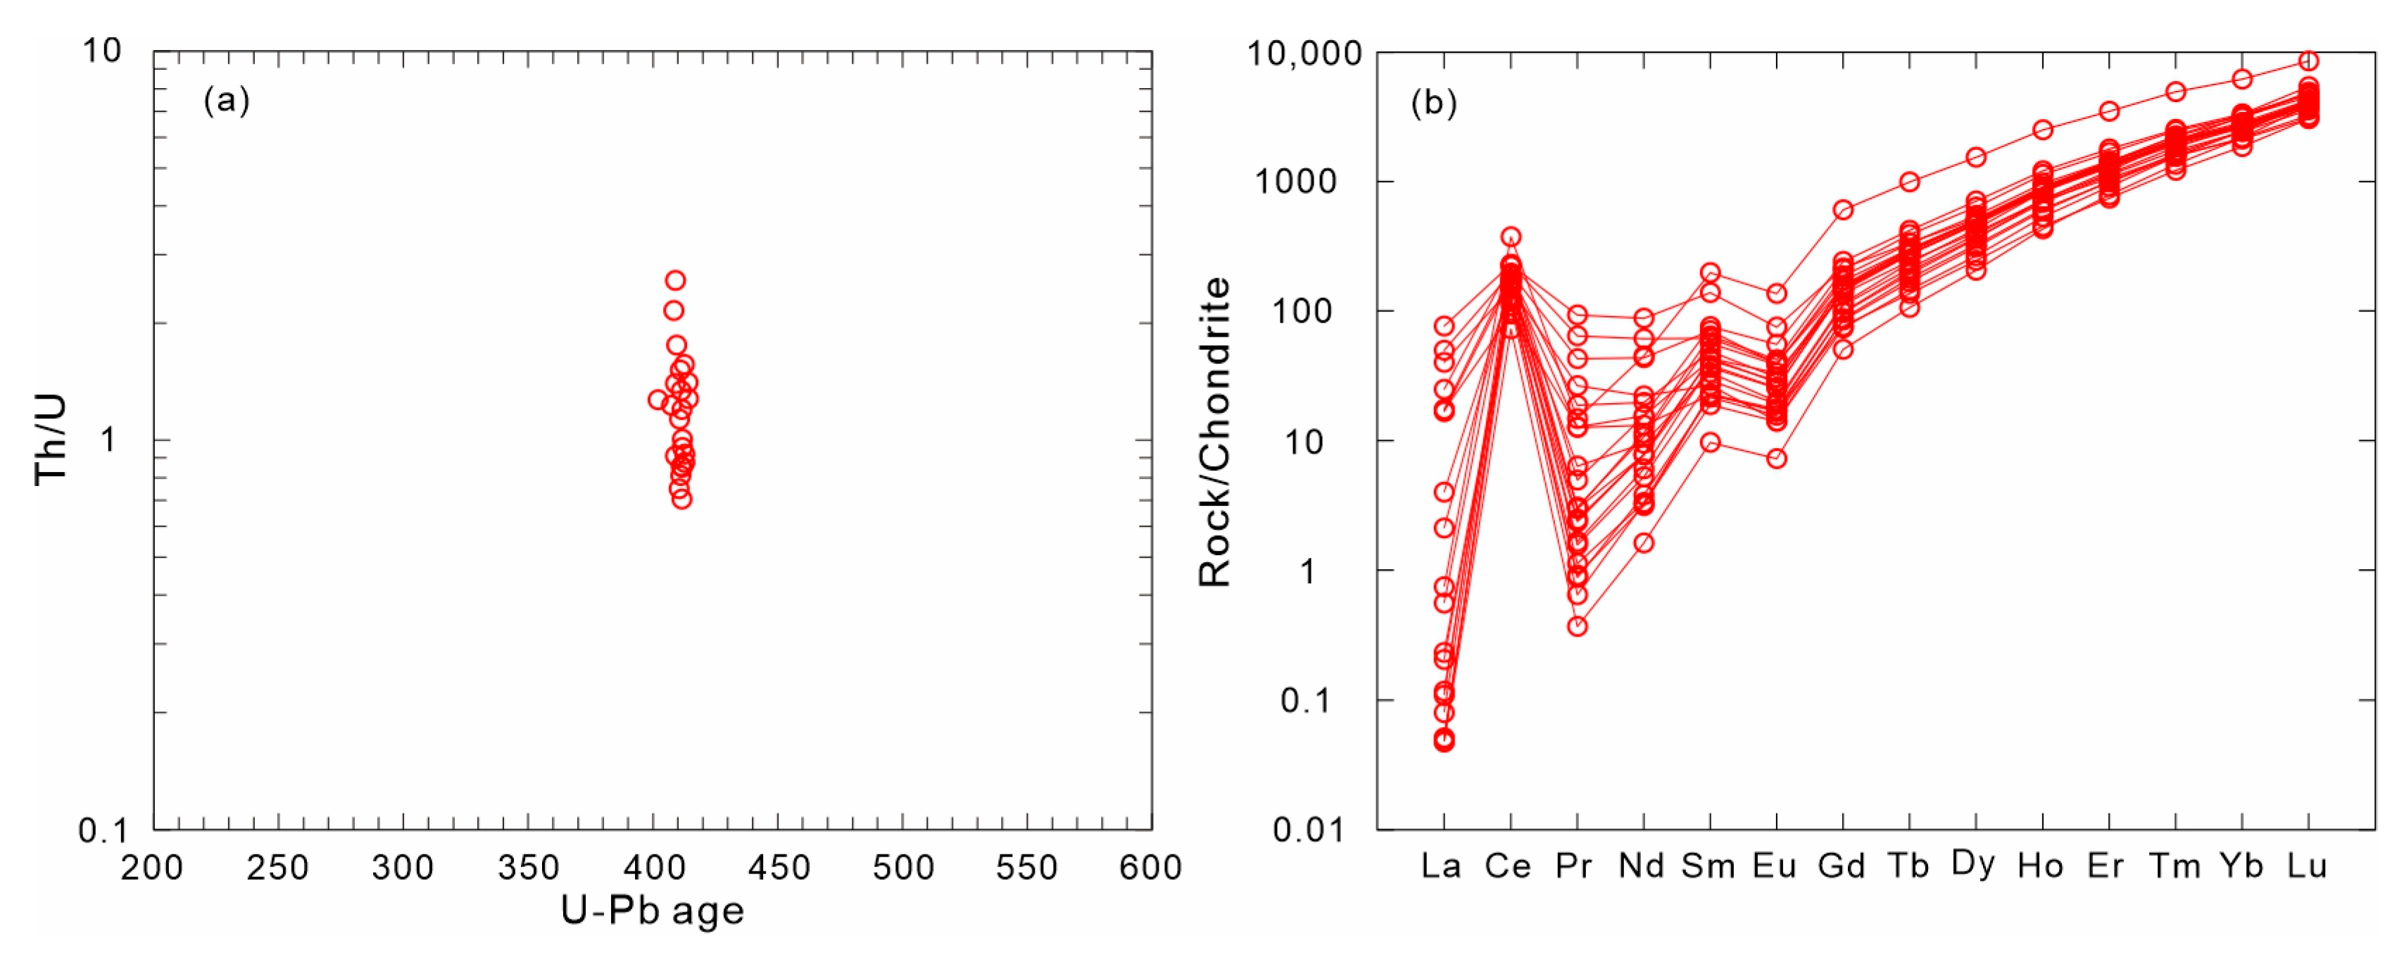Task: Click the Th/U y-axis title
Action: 51,439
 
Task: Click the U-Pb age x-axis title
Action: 653,910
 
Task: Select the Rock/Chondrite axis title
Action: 1214,431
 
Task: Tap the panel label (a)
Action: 227,100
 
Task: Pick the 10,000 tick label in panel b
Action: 1304,54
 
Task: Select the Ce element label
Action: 1508,866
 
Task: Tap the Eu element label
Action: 1774,866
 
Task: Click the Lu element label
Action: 2307,866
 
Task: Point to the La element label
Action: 1441,866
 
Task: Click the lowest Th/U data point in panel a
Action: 682,499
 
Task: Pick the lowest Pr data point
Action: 1577,626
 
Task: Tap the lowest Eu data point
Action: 1777,459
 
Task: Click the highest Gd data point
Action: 1843,210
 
